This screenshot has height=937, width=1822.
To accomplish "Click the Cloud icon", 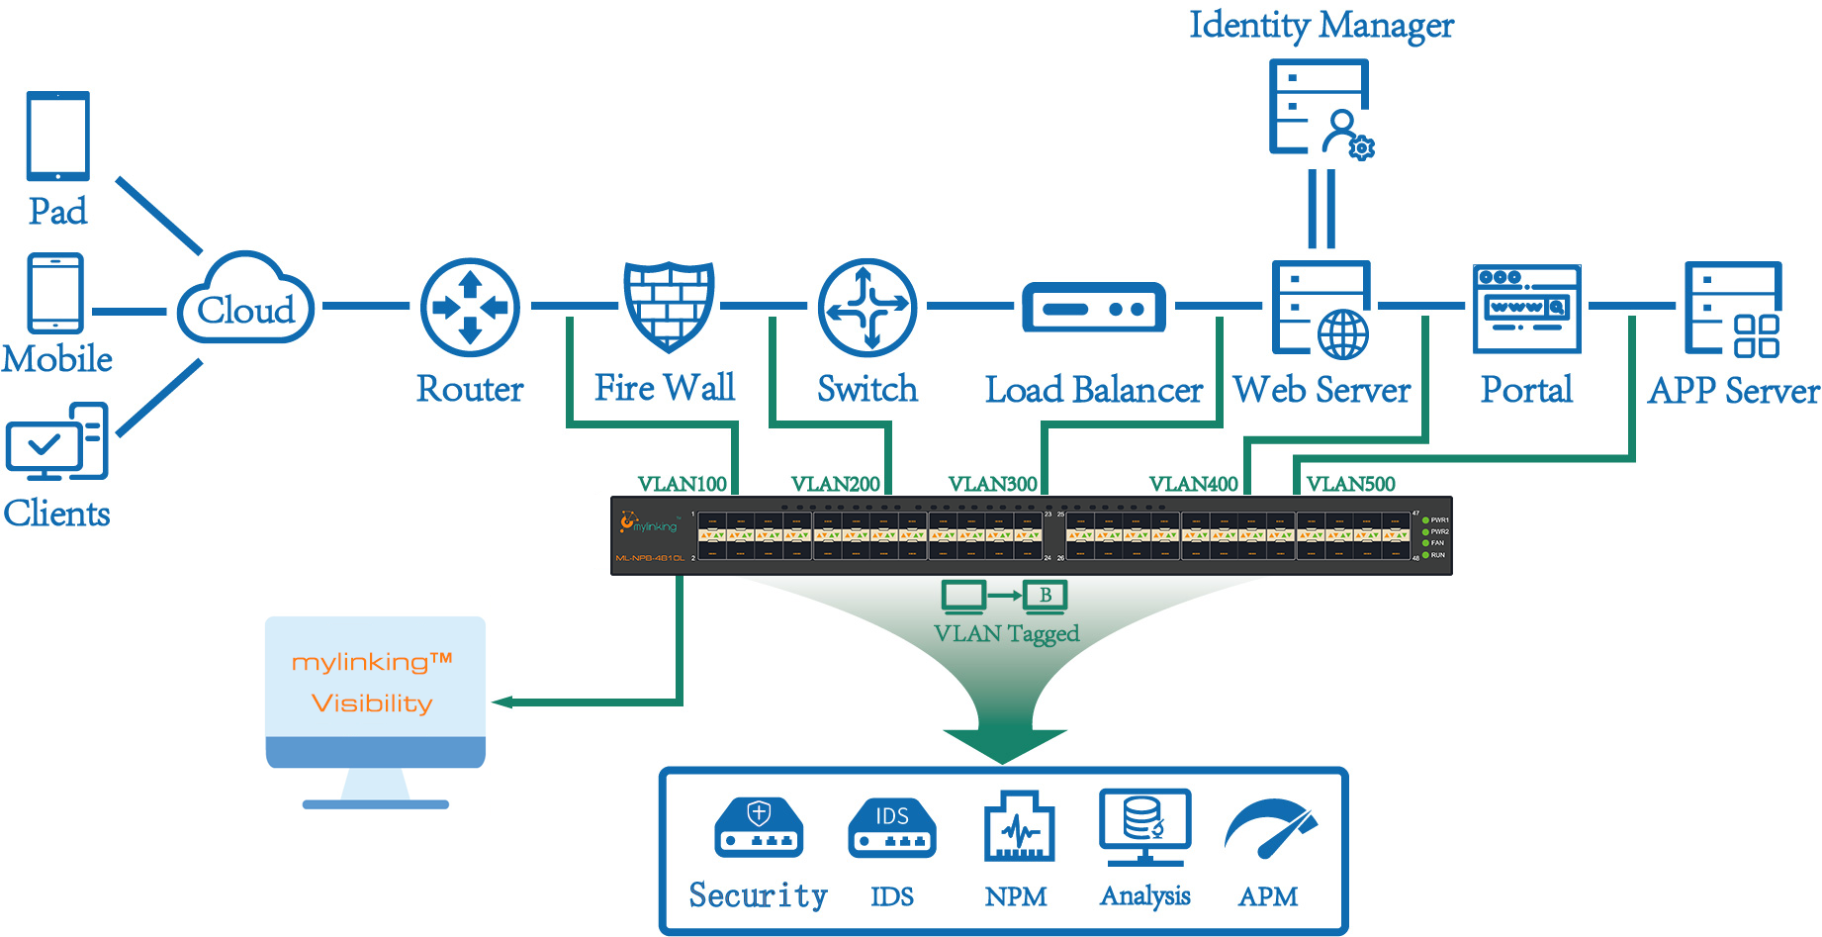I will pos(246,300).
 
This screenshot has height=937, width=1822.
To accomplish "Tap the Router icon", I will pos(470,308).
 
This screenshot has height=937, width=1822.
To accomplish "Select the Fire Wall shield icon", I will pos(669,306).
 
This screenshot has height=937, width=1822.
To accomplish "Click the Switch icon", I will pos(867,308).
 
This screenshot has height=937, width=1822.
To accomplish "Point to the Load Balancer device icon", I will pos(1093,308).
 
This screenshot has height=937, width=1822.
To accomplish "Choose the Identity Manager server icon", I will pos(1321,109).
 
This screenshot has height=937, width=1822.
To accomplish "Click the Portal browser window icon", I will pos(1526,309).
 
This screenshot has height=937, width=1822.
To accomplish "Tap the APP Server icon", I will pos(1733,308).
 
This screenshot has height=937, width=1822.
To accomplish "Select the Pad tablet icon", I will pos(58,137).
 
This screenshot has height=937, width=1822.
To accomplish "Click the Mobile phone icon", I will pos(56,293).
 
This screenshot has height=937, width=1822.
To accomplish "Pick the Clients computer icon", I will pos(57,441).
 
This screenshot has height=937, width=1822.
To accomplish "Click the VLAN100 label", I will pos(682,484).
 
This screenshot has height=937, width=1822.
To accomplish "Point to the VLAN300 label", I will pos(992,484).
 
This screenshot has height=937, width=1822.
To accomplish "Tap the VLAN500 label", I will pos(1350,484).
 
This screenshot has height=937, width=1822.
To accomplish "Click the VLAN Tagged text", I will pos(1006,633).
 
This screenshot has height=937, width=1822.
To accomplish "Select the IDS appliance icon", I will pos(891,828).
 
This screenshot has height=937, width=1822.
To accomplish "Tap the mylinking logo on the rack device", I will pos(649,522).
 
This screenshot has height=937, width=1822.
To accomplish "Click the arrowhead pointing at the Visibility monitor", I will pos(502,703).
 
